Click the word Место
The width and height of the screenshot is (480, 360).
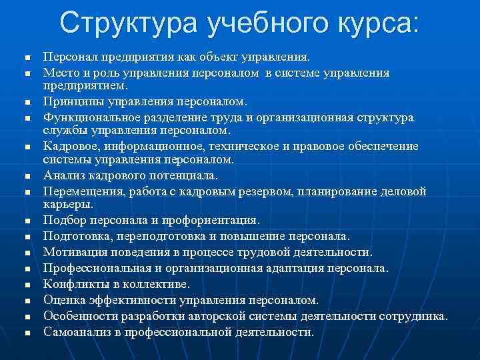click(x=62, y=72)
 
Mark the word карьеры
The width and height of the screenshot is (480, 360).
click(x=66, y=204)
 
